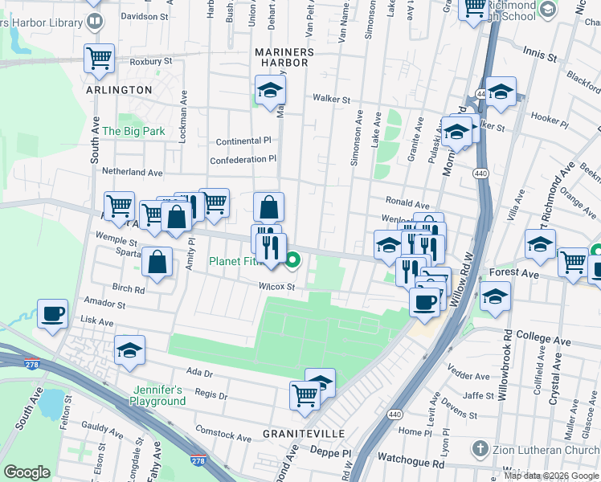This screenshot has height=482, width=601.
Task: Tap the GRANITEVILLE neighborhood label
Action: tap(305, 434)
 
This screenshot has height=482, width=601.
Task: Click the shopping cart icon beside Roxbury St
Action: tap(99, 57)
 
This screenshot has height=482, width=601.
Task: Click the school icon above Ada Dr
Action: tap(129, 350)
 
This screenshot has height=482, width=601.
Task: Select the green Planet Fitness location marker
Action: tap(293, 259)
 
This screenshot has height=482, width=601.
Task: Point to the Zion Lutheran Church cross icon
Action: tap(480, 448)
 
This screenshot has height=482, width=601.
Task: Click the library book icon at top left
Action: tap(94, 20)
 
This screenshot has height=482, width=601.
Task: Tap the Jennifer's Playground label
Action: tap(157, 395)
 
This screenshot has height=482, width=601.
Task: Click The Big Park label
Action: tap(133, 131)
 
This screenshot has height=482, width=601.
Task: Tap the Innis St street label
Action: tap(539, 57)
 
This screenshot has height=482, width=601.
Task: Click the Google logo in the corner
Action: tap(27, 472)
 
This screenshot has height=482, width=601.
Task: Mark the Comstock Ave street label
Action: tap(223, 435)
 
